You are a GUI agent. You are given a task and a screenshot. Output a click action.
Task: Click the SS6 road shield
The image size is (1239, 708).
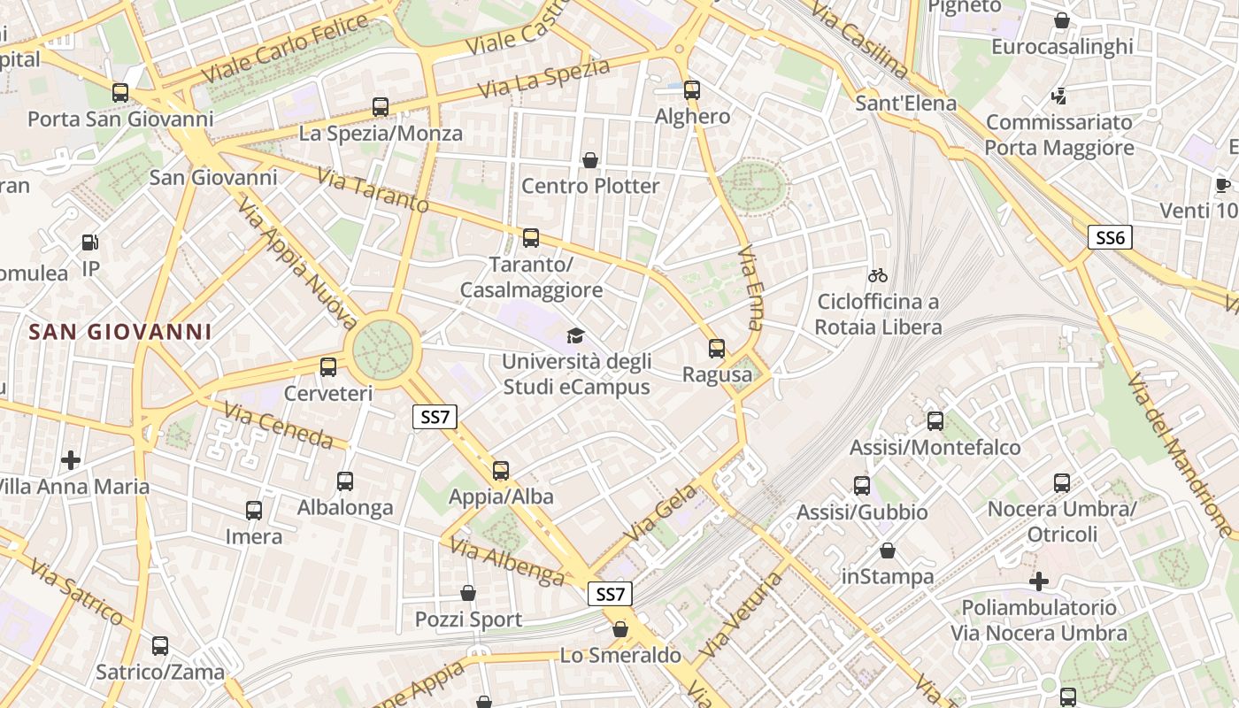[1110, 237]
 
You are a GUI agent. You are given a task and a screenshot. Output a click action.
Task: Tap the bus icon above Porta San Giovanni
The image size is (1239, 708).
[120, 92]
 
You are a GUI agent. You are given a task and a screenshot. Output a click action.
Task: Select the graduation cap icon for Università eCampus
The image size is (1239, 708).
[576, 335]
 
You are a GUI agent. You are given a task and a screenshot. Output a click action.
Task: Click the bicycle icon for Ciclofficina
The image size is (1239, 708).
[878, 275]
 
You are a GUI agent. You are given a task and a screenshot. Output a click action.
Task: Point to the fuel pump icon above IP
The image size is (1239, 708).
[89, 242]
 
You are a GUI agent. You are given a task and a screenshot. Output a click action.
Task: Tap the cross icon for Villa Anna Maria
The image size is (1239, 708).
[71, 459]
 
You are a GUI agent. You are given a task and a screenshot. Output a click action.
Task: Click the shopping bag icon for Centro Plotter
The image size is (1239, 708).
[590, 160]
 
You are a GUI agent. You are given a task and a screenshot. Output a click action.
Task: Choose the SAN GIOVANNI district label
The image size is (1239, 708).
[120, 332]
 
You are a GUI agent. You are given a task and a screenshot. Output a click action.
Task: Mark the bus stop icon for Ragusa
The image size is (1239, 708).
[717, 349]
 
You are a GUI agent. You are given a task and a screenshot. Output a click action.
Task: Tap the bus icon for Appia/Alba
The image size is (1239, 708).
[501, 471]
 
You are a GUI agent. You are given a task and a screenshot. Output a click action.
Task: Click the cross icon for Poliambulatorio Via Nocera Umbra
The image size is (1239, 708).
[1039, 581]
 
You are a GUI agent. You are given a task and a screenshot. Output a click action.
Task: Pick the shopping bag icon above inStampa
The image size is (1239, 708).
[888, 550]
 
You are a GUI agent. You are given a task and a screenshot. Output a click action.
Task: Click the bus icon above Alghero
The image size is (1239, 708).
[692, 90]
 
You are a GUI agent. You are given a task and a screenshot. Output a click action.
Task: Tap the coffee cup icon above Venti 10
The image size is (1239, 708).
[1223, 185]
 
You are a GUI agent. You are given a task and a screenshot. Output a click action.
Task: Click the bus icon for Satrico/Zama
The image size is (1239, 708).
[160, 646]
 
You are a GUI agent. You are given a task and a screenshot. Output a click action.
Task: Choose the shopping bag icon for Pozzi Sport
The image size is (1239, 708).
[468, 593]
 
